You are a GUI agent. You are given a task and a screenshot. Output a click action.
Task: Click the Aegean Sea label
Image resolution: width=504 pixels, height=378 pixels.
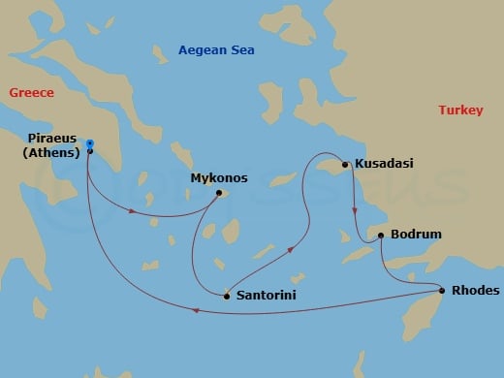click(x=216, y=50)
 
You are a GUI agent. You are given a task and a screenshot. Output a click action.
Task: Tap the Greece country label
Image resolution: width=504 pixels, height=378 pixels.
click(x=32, y=93)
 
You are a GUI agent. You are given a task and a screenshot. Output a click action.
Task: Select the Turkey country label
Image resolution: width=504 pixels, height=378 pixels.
click(x=460, y=110)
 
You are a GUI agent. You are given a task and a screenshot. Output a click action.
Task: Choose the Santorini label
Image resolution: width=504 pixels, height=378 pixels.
click(x=266, y=295)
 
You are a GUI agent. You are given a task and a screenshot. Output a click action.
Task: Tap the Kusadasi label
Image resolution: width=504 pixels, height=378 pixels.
click(x=385, y=163)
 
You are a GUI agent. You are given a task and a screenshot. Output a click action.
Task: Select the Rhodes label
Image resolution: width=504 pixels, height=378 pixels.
click(x=476, y=290)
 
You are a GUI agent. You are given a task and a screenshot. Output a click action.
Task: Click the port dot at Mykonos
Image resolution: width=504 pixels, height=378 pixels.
click(x=220, y=192)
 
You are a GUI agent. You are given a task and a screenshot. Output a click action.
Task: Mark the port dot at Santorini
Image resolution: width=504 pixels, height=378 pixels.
click(x=227, y=296)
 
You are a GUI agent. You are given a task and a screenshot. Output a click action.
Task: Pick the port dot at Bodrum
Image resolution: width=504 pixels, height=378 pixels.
click(x=381, y=235)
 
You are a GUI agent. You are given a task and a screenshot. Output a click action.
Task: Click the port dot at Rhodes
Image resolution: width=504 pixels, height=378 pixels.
click(x=443, y=291)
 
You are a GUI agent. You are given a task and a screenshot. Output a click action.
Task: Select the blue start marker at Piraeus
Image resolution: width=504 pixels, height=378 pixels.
click(x=89, y=143)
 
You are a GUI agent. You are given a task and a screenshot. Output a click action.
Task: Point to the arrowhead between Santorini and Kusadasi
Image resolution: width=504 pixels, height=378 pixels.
click(x=292, y=249)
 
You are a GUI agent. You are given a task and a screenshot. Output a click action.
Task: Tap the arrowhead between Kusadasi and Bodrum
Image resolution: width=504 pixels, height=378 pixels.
click(x=354, y=209)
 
